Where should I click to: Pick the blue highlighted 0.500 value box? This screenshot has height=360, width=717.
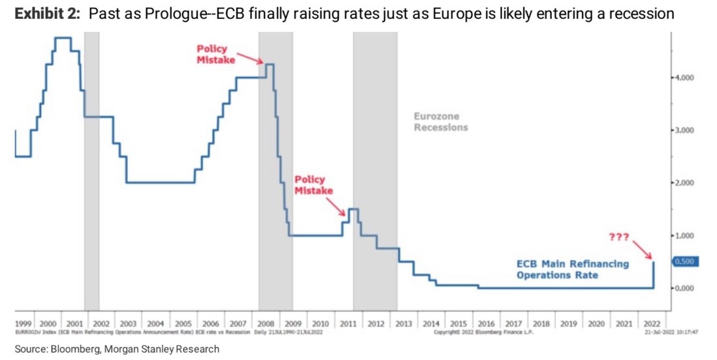686,262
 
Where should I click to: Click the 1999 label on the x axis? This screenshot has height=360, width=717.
24,324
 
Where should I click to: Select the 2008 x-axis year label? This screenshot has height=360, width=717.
266,324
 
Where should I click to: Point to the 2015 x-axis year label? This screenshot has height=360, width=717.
458,324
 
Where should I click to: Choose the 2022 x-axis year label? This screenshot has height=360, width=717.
651,324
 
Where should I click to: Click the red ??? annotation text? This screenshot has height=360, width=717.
619,237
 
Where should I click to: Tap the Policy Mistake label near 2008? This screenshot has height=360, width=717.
215,54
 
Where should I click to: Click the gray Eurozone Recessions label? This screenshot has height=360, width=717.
441,122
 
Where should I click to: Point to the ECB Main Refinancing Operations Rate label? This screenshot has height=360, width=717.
573,269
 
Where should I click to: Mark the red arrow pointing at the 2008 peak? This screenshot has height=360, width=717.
251,57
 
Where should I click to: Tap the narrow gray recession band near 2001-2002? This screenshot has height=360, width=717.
91,170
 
